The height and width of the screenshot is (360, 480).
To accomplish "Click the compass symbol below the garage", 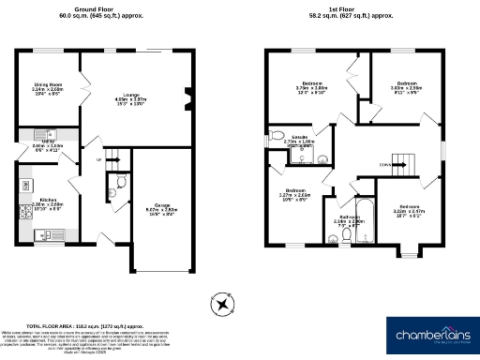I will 221,303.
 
